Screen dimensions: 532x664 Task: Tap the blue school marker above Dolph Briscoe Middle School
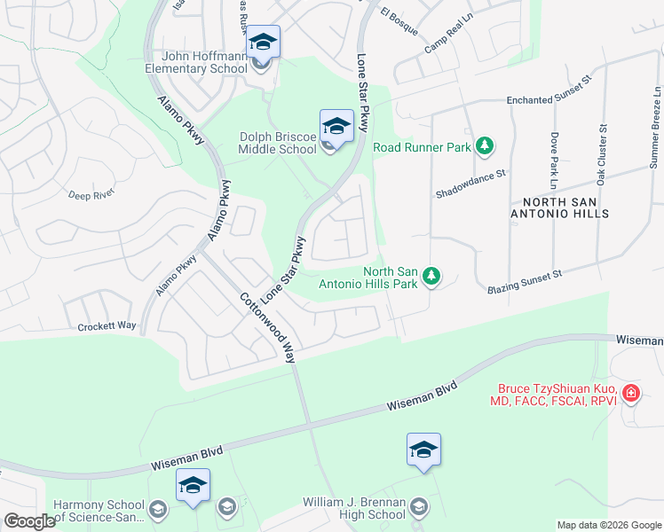(336, 126)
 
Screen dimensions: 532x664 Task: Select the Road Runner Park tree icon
(485, 145)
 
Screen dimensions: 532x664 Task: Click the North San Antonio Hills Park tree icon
(431, 278)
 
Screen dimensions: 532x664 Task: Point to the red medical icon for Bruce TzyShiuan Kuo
(631, 392)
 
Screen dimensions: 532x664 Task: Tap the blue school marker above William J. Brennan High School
(423, 450)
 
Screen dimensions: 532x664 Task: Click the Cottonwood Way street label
(266, 326)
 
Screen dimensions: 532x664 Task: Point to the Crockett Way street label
(107, 325)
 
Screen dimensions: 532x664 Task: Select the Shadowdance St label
(470, 182)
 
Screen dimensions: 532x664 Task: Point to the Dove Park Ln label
(554, 160)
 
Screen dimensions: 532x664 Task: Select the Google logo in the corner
(29, 521)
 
